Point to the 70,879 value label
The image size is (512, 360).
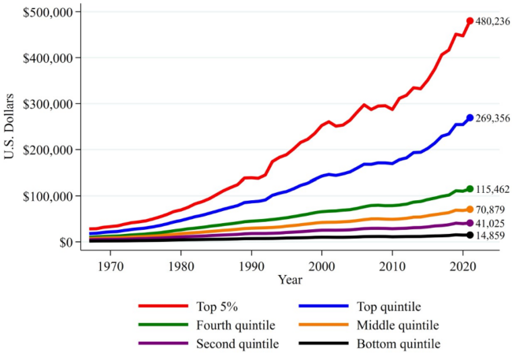[x=492, y=210]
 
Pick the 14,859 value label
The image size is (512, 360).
[x=492, y=235]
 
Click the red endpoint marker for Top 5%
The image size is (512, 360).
[x=470, y=21]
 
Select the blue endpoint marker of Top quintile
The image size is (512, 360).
[x=470, y=118]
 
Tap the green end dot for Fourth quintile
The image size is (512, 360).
[x=470, y=189]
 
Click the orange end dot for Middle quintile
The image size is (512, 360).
[x=470, y=210]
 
